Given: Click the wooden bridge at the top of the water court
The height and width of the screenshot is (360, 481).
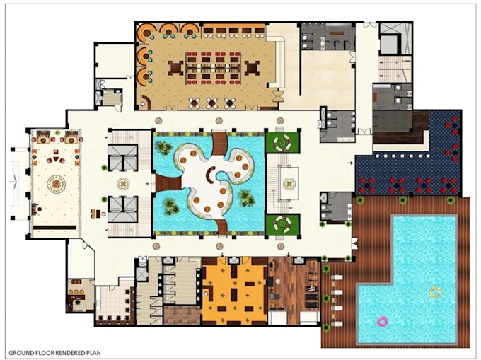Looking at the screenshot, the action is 220,144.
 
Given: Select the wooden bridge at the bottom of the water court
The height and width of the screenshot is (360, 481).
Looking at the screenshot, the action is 221,227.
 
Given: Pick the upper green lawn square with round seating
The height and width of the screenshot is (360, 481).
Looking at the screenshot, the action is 282,142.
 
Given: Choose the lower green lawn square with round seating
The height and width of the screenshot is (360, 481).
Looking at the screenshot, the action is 282,224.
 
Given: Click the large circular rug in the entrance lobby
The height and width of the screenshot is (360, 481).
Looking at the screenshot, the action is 56,184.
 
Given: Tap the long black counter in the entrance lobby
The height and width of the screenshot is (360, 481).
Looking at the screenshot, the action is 54,228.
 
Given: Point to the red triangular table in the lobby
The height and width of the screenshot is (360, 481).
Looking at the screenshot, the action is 56,159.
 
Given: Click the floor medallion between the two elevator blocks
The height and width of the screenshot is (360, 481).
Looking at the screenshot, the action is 123,184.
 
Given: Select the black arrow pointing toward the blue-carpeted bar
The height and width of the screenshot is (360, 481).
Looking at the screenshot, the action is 349,163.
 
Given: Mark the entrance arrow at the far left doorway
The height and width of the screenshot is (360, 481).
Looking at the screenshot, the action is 13,182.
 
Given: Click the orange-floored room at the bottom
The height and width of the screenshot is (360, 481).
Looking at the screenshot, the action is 234,291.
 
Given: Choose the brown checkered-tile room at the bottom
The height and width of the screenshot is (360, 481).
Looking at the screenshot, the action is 182,315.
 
